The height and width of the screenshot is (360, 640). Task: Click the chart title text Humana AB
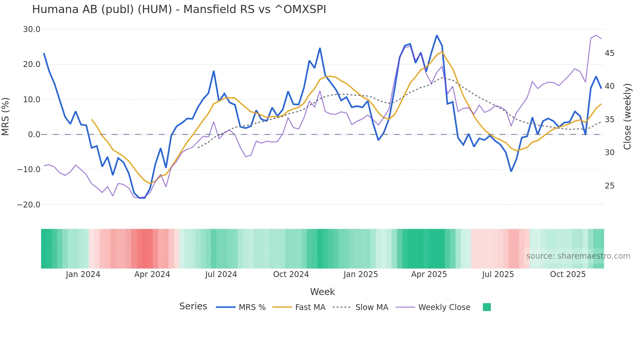pyautogui.click(x=179, y=9)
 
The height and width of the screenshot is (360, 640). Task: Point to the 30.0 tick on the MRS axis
pyautogui.click(x=32, y=29)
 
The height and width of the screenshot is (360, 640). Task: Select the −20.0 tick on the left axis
pyautogui.click(x=29, y=205)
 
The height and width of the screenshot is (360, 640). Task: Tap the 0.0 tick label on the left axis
pyautogui.click(x=34, y=135)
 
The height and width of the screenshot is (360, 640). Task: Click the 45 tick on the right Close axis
pyautogui.click(x=609, y=53)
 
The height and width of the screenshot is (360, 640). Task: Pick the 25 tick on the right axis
pyautogui.click(x=609, y=186)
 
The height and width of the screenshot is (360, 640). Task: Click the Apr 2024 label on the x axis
pyautogui.click(x=152, y=274)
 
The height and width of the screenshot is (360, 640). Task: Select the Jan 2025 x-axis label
pyautogui.click(x=360, y=274)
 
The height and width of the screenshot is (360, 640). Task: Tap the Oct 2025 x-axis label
pyautogui.click(x=568, y=274)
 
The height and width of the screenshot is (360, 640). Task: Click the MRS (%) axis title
pyautogui.click(x=6, y=117)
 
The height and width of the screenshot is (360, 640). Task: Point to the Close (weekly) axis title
pyautogui.click(x=627, y=117)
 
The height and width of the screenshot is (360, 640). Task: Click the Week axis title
pyautogui.click(x=322, y=292)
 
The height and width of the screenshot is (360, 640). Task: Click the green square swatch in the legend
pyautogui.click(x=487, y=307)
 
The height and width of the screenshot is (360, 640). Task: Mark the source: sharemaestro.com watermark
pyautogui.click(x=578, y=256)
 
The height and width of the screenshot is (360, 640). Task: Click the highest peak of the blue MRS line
pyautogui.click(x=437, y=35)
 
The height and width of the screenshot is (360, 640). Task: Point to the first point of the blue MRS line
pyautogui.click(x=44, y=54)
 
